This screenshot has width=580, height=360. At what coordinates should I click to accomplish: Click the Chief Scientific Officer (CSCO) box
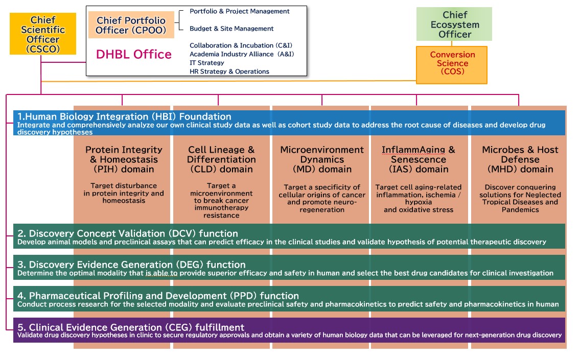pyautogui.click(x=43, y=34)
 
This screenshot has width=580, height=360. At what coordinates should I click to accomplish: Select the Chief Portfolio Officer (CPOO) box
pyautogui.click(x=131, y=25)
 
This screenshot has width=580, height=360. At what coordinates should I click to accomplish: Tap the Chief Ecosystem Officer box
pyautogui.click(x=454, y=24)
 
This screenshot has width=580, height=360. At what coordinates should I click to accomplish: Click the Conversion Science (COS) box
pyautogui.click(x=452, y=65)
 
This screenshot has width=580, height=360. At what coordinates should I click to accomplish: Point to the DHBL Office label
pyautogui.click(x=134, y=54)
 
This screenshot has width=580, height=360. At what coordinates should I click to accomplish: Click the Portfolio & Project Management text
pyautogui.click(x=239, y=11)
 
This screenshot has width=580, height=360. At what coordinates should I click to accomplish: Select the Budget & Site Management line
pyautogui.click(x=231, y=29)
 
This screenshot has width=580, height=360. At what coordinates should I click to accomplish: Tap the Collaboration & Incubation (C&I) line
pyautogui.click(x=241, y=45)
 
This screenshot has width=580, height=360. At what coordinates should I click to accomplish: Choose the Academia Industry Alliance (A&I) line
pyautogui.click(x=242, y=54)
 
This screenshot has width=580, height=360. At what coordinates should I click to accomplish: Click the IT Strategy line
pyautogui.click(x=207, y=63)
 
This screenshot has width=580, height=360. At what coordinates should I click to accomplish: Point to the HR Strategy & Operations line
pyautogui.click(x=229, y=71)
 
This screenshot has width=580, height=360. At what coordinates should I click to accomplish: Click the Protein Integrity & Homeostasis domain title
pyautogui.click(x=124, y=159)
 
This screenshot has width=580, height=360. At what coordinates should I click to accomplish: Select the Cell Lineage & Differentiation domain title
pyautogui.click(x=221, y=159)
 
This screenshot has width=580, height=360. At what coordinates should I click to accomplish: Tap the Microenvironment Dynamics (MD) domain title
pyautogui.click(x=322, y=159)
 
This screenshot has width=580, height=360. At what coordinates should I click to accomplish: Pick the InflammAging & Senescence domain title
pyautogui.click(x=419, y=159)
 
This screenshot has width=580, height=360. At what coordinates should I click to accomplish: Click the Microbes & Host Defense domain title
pyautogui.click(x=520, y=159)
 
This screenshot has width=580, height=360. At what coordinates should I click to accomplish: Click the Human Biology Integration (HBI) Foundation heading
pyautogui.click(x=124, y=116)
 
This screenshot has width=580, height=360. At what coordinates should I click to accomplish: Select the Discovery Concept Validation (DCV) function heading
pyautogui.click(x=128, y=233)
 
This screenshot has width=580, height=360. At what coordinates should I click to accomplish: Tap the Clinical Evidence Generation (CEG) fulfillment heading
pyautogui.click(x=131, y=327)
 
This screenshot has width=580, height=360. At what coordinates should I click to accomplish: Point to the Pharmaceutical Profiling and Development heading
pyautogui.click(x=158, y=296)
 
